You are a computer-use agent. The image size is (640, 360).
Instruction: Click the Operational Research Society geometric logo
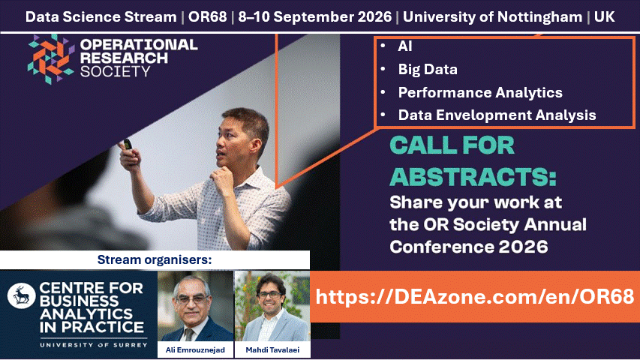click(x=51, y=59)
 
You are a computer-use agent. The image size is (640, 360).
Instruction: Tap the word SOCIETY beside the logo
click(x=116, y=72)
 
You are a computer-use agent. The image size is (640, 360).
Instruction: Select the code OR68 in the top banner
click(x=207, y=17)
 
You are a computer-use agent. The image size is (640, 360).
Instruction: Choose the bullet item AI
click(x=405, y=46)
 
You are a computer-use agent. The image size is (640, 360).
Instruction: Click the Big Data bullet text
click(x=428, y=70)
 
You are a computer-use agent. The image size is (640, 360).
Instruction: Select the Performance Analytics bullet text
click(x=480, y=93)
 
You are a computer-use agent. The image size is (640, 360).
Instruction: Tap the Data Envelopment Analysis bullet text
click(x=497, y=115)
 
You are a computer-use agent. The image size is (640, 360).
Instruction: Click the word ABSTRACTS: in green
click(x=473, y=177)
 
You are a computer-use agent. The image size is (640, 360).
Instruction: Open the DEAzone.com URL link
click(x=475, y=297)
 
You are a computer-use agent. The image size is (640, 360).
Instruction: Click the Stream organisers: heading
click(x=155, y=259)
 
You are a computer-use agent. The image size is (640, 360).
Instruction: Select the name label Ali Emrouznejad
click(x=195, y=349)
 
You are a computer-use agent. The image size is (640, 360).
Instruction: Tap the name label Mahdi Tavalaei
click(x=272, y=349)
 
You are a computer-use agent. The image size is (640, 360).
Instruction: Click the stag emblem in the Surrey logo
click(x=21, y=295)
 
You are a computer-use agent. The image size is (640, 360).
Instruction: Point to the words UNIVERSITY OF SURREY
click(x=94, y=345)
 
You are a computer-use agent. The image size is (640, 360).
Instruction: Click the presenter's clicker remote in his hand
click(x=128, y=144)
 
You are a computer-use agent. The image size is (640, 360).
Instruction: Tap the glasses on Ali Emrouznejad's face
click(x=191, y=299)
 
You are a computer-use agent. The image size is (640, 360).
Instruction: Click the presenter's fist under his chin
click(x=221, y=180)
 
